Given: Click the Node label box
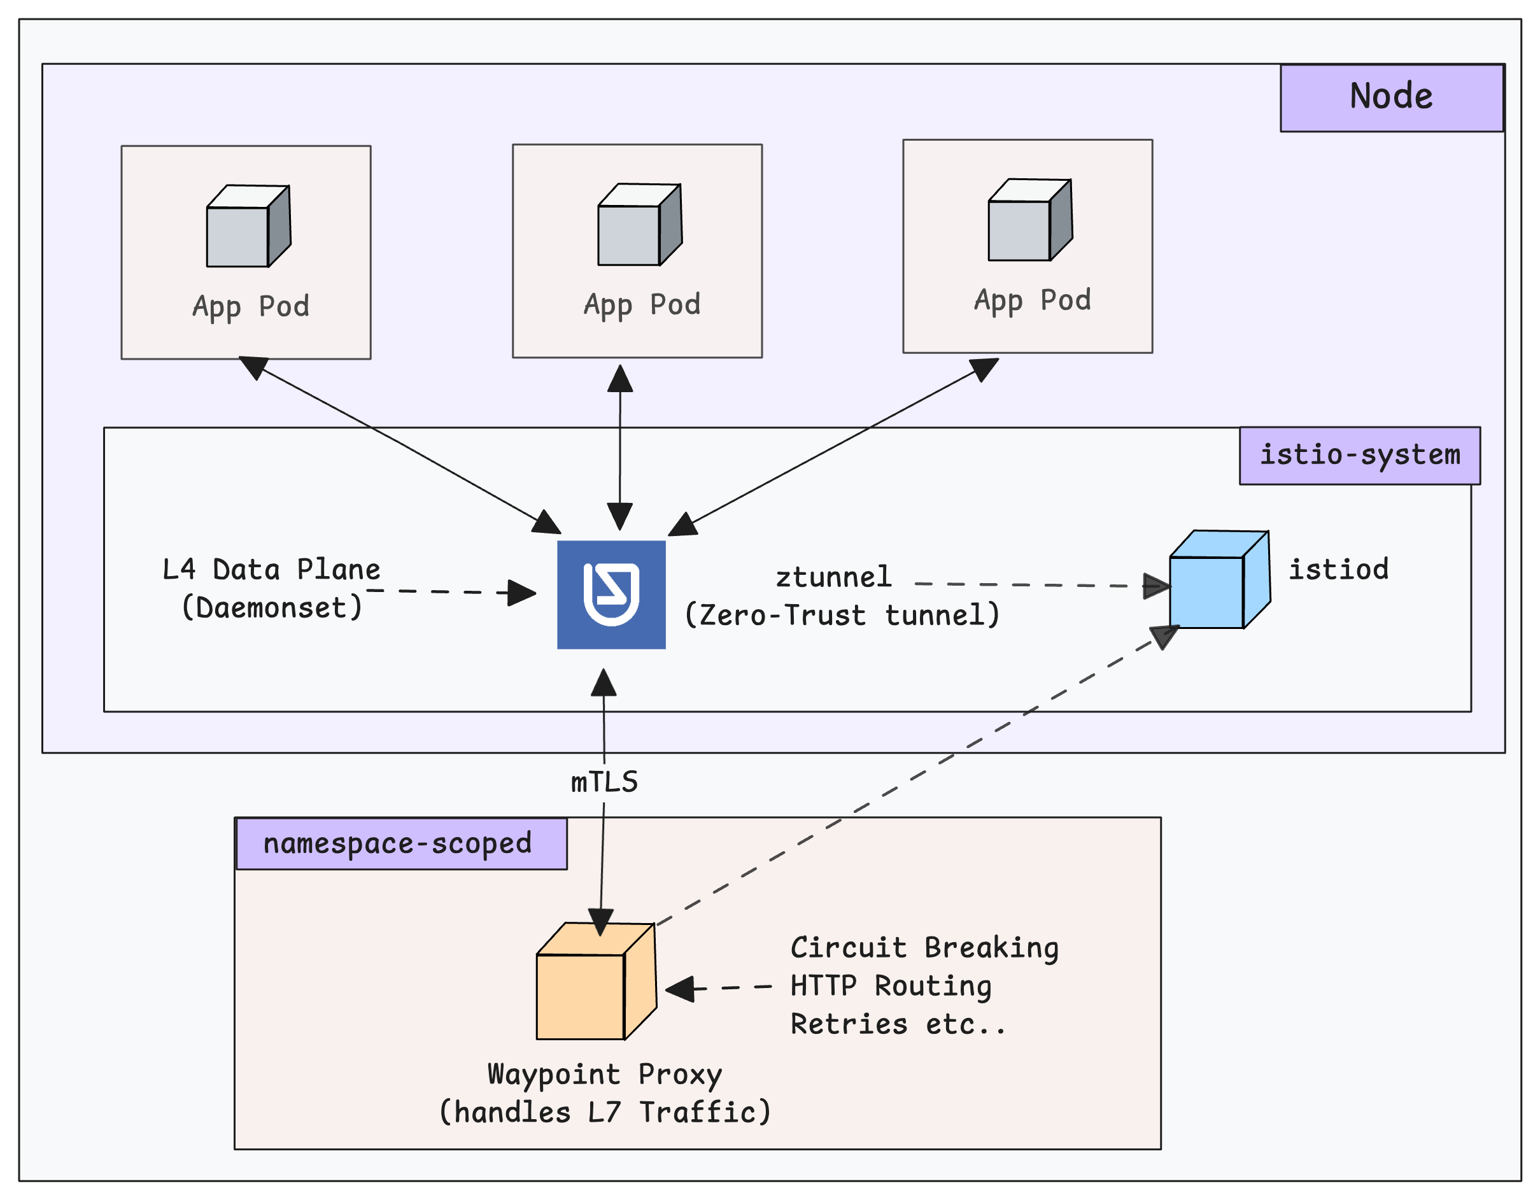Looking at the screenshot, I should click(x=1391, y=97).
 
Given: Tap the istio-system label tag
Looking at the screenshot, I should click(x=1359, y=455).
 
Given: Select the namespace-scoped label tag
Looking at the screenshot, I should click(x=400, y=844).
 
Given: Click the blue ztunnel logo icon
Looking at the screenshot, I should click(x=611, y=595).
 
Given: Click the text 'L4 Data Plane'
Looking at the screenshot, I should click(x=271, y=569).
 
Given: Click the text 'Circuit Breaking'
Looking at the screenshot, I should click(x=924, y=948).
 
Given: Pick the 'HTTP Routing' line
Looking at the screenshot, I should click(x=891, y=985).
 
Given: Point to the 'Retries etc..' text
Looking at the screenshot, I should click(x=898, y=1024).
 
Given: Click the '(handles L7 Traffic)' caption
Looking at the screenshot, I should click(x=604, y=1112).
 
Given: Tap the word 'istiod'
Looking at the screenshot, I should click(x=1338, y=569).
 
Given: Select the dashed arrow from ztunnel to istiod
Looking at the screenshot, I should click(x=1036, y=584).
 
